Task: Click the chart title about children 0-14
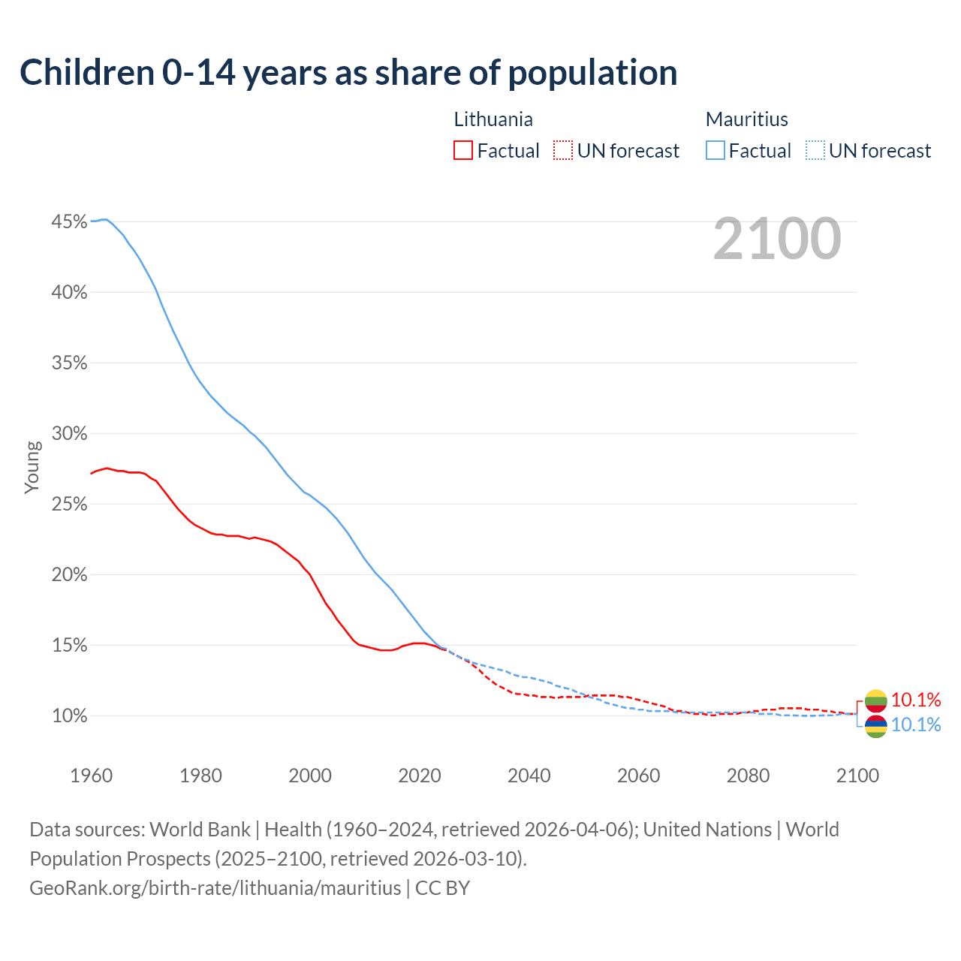click(x=348, y=73)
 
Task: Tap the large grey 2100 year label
click(x=776, y=239)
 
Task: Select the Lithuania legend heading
click(x=493, y=119)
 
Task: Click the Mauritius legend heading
click(x=746, y=119)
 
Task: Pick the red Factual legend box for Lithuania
click(x=463, y=151)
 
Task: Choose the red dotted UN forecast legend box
click(x=562, y=151)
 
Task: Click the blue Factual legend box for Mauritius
click(x=715, y=151)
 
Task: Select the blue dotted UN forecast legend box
click(x=815, y=151)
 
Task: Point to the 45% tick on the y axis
click(x=69, y=221)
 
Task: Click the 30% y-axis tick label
click(x=69, y=434)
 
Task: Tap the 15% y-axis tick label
click(x=69, y=646)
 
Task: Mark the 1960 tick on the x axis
click(x=91, y=776)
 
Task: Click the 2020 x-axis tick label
click(x=419, y=776)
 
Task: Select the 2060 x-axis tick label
click(x=638, y=776)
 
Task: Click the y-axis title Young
click(x=32, y=467)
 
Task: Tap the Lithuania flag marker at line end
click(x=875, y=701)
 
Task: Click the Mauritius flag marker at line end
click(x=875, y=726)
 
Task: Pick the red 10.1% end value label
click(x=916, y=700)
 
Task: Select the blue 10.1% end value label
click(x=916, y=725)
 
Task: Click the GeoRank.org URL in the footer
click(x=215, y=888)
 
